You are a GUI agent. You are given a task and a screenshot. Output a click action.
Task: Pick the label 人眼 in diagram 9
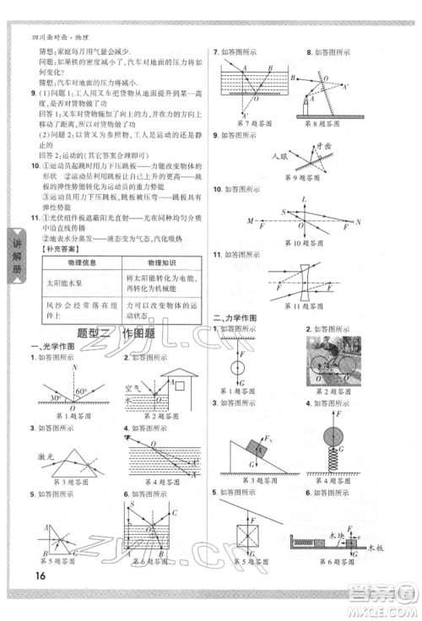click(257, 157)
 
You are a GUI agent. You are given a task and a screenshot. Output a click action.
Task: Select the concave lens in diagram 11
click(301, 286)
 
